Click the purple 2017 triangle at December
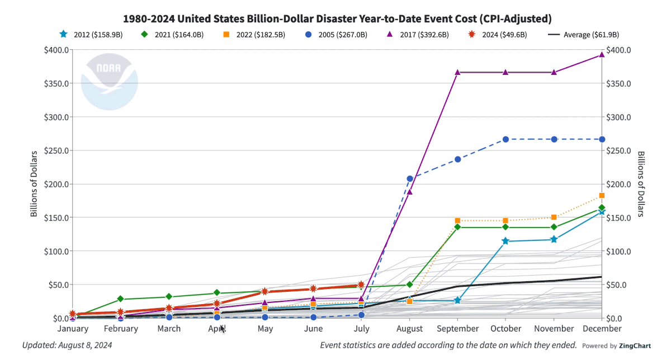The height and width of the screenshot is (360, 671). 602,54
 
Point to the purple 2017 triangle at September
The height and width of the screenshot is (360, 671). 457,72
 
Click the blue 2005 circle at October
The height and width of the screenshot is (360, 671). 505,139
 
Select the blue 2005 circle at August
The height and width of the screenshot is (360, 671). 409,179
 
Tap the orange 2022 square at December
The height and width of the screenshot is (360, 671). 602,196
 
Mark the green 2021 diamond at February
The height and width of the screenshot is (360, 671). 121,299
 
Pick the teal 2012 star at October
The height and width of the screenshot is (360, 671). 505,241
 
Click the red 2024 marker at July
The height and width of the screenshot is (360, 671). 361,285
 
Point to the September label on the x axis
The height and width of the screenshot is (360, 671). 457,329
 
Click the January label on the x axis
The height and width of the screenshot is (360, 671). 73,329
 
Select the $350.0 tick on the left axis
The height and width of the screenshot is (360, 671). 56,84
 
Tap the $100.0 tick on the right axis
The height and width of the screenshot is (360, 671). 618,251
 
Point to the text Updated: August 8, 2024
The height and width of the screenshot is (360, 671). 67,345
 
